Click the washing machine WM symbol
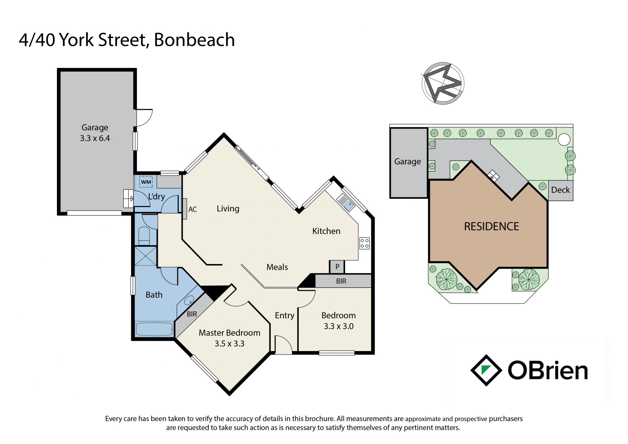[x=146, y=182]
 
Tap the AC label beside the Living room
[x=193, y=209]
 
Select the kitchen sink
[x=346, y=203]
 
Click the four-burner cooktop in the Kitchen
[x=364, y=243]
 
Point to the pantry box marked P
[x=337, y=267]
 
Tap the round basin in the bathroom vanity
[x=189, y=300]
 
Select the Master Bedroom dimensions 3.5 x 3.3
[x=230, y=344]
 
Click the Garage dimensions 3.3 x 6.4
[x=95, y=138]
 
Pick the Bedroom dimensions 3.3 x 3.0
[x=339, y=326]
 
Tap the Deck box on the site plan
[x=560, y=190]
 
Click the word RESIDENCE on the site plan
[x=491, y=226]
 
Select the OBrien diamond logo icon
[x=486, y=370]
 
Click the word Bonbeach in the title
[x=194, y=40]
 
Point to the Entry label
[x=285, y=315]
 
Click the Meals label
[x=277, y=267]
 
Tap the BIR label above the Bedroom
[x=341, y=281]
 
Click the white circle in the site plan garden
[x=564, y=139]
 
